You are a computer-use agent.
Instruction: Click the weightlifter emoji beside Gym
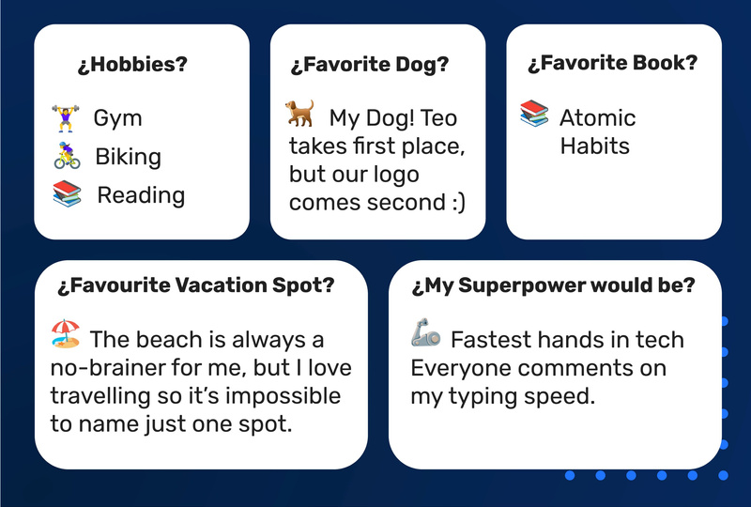[x=66, y=118]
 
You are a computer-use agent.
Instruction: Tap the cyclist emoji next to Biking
[x=67, y=155]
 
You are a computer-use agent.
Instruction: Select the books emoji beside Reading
[x=67, y=193]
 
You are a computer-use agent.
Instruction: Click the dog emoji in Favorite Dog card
[x=299, y=113]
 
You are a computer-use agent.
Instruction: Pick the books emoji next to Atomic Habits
[x=534, y=113]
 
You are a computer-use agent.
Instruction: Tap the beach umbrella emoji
[x=66, y=333]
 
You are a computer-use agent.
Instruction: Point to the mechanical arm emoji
[x=426, y=332]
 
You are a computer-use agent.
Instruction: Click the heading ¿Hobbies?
[x=132, y=64]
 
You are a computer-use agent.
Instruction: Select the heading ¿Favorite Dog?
[x=370, y=64]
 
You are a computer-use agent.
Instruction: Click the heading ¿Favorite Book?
[x=613, y=63]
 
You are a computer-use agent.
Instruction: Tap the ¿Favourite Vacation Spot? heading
[x=196, y=285]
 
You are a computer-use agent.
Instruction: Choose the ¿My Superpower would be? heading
[x=553, y=285]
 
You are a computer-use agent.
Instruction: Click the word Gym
[x=118, y=119]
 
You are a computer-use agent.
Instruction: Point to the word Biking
[x=128, y=157]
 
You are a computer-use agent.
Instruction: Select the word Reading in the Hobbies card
[x=141, y=195]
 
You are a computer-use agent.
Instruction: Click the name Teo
[x=437, y=118]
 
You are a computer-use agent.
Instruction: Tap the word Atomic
[x=597, y=118]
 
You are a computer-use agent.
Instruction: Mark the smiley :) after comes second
[x=459, y=203]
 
